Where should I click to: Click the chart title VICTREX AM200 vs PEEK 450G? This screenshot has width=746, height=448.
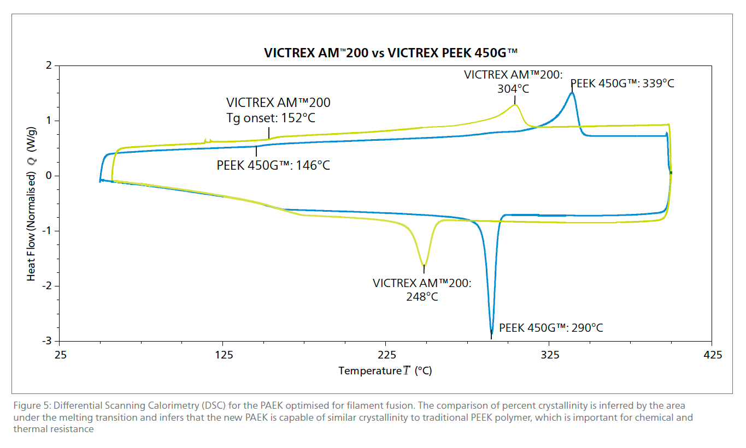tap(391, 52)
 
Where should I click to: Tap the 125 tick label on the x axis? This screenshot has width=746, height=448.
tap(223, 355)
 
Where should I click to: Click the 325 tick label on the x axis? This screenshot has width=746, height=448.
tap(549, 355)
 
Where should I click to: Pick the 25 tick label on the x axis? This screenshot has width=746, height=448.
tap(61, 355)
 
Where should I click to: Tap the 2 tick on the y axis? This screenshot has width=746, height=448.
tap(49, 65)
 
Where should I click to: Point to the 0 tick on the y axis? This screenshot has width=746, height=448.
tap(49, 176)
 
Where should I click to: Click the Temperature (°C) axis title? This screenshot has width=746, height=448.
tap(385, 371)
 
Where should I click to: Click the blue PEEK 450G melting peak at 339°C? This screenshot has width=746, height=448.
tap(572, 93)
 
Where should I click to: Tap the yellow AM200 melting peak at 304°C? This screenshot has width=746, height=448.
tap(515, 105)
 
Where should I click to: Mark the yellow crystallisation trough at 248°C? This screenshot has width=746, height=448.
tap(424, 265)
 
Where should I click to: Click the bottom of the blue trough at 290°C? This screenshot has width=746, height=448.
tap(491, 332)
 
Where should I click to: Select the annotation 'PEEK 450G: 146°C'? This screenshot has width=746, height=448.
tap(273, 165)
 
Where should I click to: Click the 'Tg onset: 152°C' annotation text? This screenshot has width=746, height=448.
tap(271, 118)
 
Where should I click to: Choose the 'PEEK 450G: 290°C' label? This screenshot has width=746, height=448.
tap(551, 328)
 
